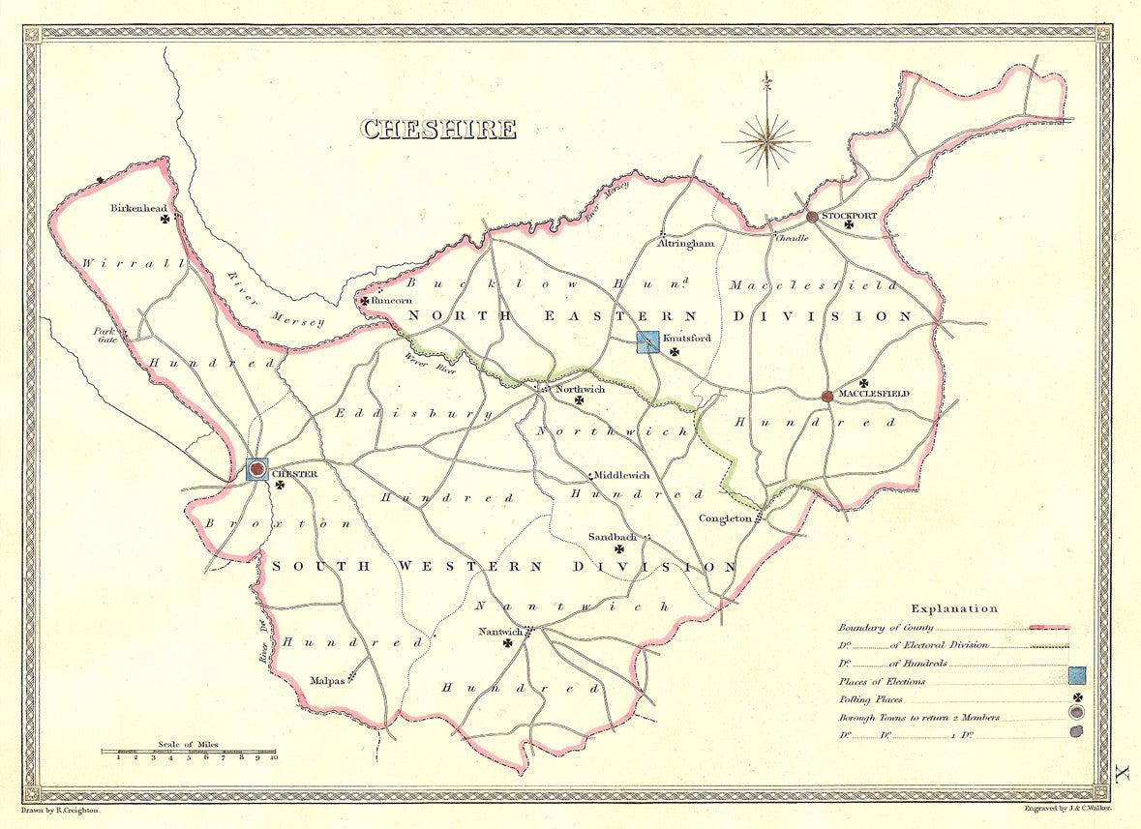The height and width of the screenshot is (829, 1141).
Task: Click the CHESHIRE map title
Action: (438, 129)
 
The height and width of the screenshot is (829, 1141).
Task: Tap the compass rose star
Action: (766, 141)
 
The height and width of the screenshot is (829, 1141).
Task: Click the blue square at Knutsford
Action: (647, 341)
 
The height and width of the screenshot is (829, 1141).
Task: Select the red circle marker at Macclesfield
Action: (827, 397)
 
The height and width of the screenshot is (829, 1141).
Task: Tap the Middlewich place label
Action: (622, 475)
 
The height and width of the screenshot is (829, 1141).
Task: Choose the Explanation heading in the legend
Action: (953, 608)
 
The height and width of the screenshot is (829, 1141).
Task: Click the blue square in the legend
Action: (1076, 676)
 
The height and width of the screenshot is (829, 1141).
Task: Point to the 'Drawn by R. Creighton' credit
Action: (60, 807)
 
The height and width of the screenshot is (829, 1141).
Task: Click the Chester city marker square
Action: (257, 469)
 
